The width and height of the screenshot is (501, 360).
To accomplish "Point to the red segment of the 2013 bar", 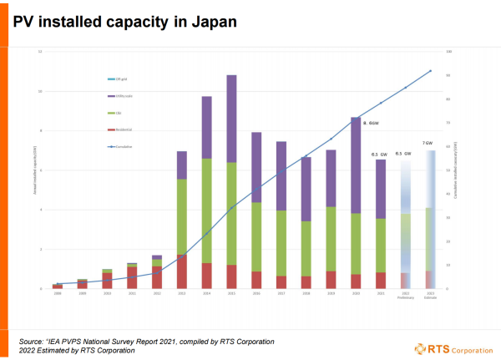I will pyautogui.click(x=181, y=271).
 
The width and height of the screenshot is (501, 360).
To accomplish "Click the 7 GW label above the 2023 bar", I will pyautogui.click(x=428, y=144).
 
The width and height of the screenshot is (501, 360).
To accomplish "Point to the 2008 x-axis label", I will pyautogui.click(x=57, y=293).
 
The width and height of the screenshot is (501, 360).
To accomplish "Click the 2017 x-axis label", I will pyautogui.click(x=281, y=293).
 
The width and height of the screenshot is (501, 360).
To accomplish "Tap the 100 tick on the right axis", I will pyautogui.click(x=449, y=52).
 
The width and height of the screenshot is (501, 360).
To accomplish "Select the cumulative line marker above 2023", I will pyautogui.click(x=431, y=71).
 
